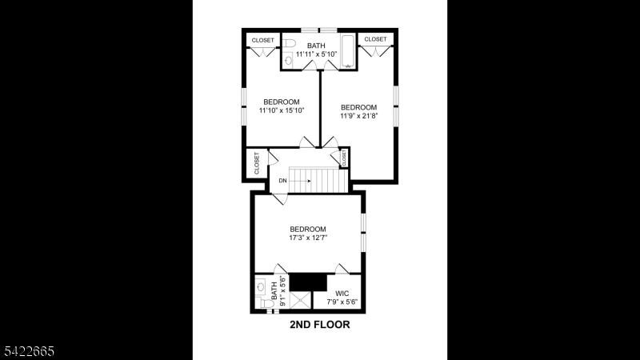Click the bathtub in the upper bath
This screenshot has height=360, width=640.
tap(348, 45)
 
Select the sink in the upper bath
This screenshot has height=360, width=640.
tap(288, 59)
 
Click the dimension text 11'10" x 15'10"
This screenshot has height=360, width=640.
tap(282, 111)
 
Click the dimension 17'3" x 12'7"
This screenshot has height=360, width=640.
tap(308, 238)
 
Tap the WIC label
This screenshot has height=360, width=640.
tap(342, 293)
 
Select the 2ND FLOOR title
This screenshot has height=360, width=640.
tap(319, 326)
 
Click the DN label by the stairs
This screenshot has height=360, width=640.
tap(282, 181)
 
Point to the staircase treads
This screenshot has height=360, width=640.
tap(318, 180)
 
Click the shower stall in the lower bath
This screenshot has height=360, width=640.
tap(302, 300)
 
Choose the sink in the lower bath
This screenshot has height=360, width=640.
tap(261, 285)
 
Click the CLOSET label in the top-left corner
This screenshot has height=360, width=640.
tap(262, 40)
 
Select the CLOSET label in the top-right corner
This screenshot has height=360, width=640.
tap(375, 39)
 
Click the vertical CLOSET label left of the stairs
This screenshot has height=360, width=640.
tap(257, 163)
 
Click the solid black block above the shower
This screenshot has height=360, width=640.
tap(308, 282)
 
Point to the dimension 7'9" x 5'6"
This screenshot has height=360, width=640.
tap(342, 302)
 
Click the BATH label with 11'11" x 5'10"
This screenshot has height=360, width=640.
tap(317, 49)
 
